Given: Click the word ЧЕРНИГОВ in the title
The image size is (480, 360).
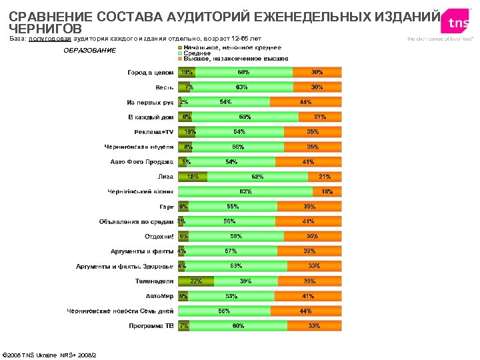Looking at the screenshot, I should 45,29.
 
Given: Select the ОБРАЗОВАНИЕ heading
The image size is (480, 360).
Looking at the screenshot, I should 89,51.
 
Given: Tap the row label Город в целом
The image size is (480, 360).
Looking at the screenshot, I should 151,72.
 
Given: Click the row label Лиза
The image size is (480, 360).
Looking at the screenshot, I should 165,177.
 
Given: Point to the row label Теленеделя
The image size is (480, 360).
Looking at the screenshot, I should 155,281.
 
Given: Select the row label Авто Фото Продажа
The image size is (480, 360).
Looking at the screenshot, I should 141,162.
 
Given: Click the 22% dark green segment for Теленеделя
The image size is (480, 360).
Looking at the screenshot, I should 196,281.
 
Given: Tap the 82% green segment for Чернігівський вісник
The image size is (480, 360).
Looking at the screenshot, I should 245,192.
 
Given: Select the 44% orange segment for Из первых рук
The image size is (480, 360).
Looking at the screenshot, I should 305,102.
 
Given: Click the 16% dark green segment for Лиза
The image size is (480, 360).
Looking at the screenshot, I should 193,177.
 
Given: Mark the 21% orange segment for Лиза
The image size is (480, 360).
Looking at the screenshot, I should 325,177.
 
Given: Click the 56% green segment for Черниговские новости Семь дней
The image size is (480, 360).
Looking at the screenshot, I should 224,311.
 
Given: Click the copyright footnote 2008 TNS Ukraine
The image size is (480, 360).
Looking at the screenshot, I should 49,354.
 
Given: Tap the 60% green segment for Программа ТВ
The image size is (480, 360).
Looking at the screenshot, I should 238,326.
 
